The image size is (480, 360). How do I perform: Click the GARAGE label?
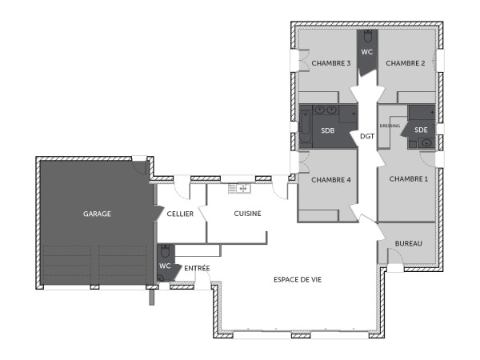97,214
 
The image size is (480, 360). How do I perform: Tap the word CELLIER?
180,214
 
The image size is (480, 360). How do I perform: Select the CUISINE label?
247,214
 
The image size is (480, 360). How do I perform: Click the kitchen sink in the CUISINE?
239,189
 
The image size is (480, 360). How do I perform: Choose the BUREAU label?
408,243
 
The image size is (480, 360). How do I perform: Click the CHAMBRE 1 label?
408,179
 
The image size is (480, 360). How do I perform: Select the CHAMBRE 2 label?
406,63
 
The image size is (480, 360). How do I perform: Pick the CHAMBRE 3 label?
331,63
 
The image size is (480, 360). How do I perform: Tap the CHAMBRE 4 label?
331,179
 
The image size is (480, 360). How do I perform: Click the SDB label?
328,130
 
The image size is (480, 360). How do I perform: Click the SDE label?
421,129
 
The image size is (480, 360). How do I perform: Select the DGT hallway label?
367,135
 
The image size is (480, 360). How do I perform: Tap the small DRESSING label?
390,126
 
